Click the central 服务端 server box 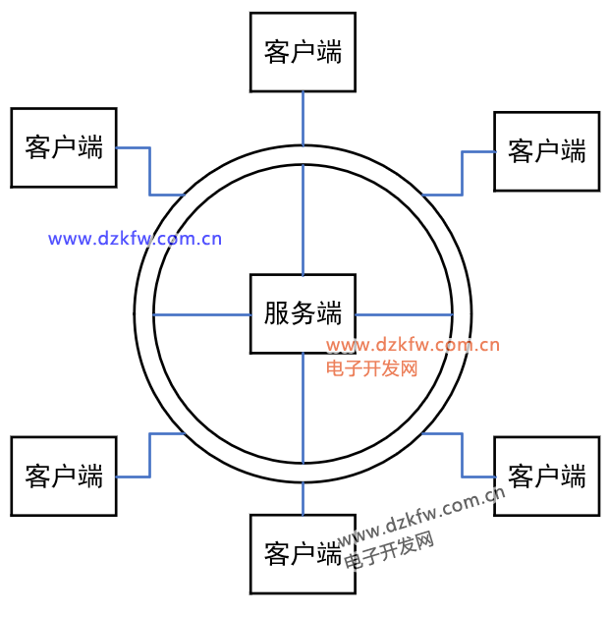coord(303,313)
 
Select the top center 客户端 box coord(303,51)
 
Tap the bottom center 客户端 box coord(303,553)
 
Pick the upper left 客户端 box coord(64,147)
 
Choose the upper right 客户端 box coord(546,150)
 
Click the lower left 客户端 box coord(64,476)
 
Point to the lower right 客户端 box coord(546,476)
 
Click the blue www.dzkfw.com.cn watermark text coord(136,238)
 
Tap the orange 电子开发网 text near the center coord(372,368)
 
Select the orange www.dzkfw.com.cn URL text coord(413,345)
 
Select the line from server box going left coord(201,314)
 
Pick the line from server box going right coord(403,314)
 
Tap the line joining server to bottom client coord(303,413)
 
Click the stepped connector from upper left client coord(149,172)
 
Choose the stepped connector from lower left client coord(149,454)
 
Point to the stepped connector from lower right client coord(462,454)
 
